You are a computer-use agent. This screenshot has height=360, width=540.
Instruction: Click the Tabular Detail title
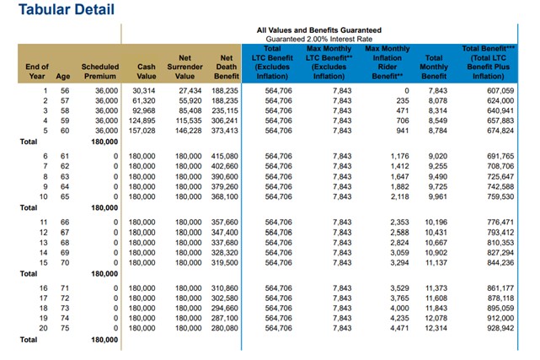(x=67, y=9)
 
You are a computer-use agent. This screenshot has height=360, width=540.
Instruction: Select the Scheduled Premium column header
(x=100, y=72)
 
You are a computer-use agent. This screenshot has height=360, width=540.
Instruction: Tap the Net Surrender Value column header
(x=185, y=67)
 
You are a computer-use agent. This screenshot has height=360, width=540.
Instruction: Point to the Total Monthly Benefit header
(x=434, y=67)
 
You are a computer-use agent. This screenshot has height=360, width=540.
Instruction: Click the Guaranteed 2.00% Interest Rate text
(x=319, y=39)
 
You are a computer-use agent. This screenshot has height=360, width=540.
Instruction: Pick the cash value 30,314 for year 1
(x=143, y=90)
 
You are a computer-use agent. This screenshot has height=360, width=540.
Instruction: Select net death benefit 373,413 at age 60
(x=225, y=131)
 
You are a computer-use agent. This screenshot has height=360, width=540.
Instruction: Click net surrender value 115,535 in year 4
(x=189, y=121)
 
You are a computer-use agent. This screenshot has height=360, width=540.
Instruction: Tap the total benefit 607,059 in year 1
(x=500, y=90)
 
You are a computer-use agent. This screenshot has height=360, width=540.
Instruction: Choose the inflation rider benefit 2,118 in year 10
(x=400, y=196)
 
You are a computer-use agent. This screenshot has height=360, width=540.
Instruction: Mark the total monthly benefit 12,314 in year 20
(x=436, y=328)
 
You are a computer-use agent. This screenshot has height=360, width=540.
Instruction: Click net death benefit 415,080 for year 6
(x=225, y=156)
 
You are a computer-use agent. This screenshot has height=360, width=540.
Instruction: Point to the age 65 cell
(x=65, y=196)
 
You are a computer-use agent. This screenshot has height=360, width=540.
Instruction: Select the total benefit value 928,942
(x=500, y=328)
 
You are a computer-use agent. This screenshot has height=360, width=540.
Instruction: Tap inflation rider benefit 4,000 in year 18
(x=400, y=308)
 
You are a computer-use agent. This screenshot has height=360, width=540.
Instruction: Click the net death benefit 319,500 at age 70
(x=225, y=262)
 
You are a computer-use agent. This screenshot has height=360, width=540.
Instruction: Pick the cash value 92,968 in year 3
(x=143, y=110)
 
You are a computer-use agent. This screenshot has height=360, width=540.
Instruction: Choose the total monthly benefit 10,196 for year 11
(x=436, y=223)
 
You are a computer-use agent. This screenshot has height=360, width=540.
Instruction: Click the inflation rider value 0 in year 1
(x=407, y=90)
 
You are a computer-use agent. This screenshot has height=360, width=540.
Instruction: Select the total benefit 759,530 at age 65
(x=500, y=196)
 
